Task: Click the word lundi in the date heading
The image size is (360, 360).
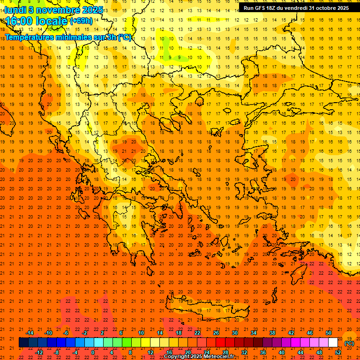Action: (x=15, y=10)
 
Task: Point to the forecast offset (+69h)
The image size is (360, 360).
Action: (x=81, y=21)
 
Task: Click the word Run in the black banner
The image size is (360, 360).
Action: (x=248, y=8)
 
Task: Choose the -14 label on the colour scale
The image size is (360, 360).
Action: (x=30, y=333)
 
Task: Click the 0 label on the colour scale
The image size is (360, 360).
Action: (x=93, y=352)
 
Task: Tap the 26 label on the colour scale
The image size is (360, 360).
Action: (x=216, y=333)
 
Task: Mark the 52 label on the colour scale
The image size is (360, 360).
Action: (x=337, y=352)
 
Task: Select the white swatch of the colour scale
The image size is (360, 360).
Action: (x=333, y=343)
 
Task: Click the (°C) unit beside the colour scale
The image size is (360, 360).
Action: (x=349, y=343)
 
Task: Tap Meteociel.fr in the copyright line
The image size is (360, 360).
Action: (x=219, y=357)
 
